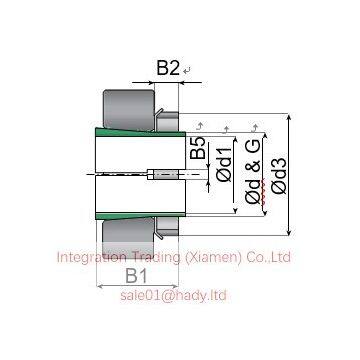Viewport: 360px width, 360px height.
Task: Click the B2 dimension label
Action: click(167, 69)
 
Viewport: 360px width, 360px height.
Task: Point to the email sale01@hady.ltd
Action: click(173, 296)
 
